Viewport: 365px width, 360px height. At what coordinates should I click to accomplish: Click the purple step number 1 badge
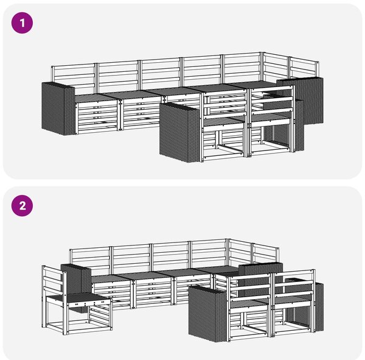pos(22,23)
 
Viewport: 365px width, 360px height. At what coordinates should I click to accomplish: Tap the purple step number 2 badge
pos(22,206)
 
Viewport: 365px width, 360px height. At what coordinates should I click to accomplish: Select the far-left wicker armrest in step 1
pos(58,108)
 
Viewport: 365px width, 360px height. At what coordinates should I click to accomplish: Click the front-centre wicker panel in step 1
pos(179,132)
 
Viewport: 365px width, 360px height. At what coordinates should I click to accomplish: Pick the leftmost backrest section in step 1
pos(74,78)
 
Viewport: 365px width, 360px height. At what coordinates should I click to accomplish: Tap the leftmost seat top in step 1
pos(96,98)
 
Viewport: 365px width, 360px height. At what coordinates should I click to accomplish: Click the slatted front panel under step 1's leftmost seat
pos(97,118)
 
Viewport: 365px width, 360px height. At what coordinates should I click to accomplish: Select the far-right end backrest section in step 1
pos(304,69)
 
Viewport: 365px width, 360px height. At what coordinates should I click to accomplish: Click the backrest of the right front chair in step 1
pos(271,101)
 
